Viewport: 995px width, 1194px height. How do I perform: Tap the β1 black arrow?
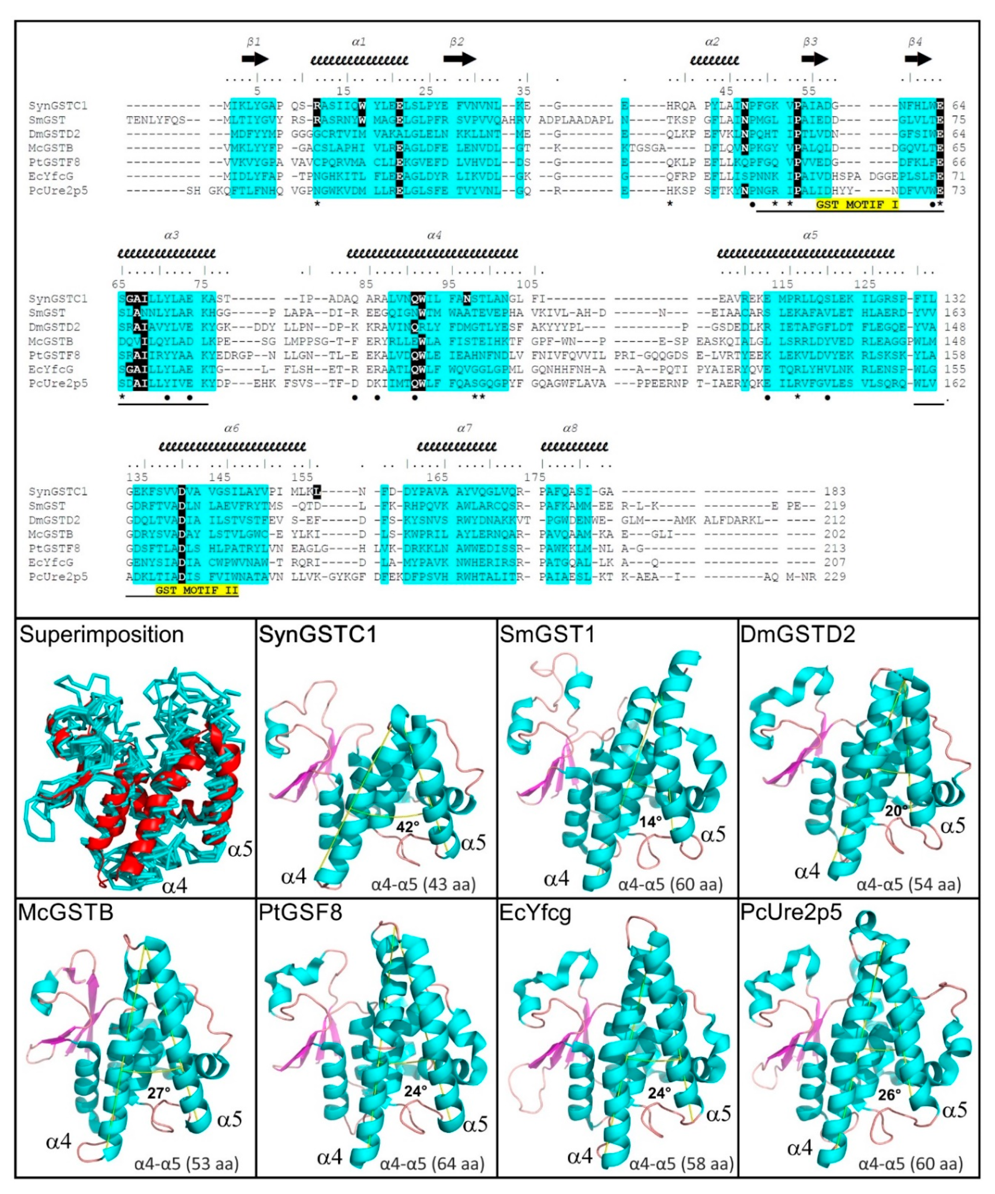pos(255,59)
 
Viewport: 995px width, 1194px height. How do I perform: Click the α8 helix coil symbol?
pos(574,446)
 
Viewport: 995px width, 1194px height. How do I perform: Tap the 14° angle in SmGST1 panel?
pos(650,822)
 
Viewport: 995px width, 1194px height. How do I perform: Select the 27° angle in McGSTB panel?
pos(159,1093)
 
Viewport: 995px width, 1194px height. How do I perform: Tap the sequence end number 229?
pos(835,577)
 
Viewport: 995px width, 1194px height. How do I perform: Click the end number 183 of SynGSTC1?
pos(835,491)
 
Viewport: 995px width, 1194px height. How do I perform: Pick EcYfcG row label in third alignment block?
pos(51,562)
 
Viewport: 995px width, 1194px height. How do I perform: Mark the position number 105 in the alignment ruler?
pos(527,284)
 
